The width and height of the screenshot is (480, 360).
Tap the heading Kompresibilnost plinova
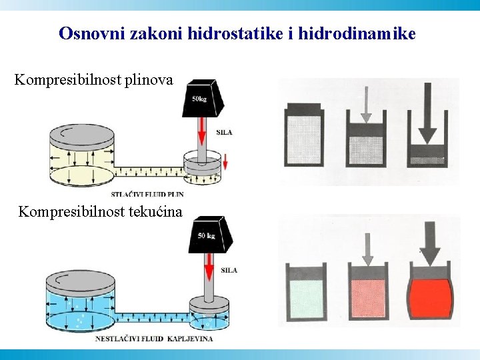pos(93,81)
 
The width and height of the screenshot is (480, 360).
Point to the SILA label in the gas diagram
pos(225,133)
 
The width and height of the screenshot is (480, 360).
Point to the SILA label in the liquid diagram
pos(229,270)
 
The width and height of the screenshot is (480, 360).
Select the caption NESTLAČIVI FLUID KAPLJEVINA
pos(153,339)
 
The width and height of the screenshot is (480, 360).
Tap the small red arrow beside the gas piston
pos(225,161)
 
